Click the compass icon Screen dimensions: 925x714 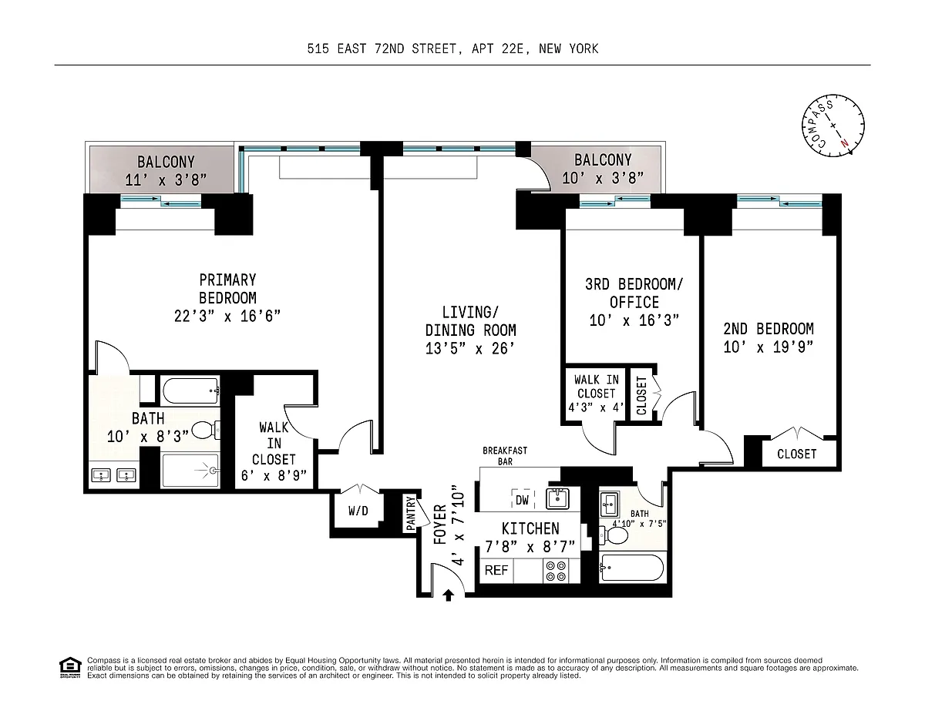click(833, 126)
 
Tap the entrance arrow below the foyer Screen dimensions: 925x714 click(448, 595)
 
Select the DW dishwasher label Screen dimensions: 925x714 click(523, 500)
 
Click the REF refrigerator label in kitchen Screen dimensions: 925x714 click(496, 570)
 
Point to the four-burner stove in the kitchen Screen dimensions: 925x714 click(556, 571)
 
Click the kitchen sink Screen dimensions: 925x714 click(557, 498)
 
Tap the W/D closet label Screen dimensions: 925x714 click(358, 511)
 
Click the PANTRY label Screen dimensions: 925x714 click(410, 513)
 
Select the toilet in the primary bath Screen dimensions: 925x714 click(206, 430)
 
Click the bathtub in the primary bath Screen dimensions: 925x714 click(190, 391)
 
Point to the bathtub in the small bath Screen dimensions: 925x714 click(631, 568)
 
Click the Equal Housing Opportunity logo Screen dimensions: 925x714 click(70, 667)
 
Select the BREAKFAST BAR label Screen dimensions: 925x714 click(505, 455)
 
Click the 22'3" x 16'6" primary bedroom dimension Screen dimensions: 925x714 click(227, 317)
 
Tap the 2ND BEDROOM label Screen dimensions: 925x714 click(769, 329)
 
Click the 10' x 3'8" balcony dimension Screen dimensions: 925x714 click(603, 178)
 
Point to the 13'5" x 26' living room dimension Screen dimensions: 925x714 click(470, 349)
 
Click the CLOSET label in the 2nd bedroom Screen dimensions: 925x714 click(797, 454)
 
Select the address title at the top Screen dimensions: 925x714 click(453, 49)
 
